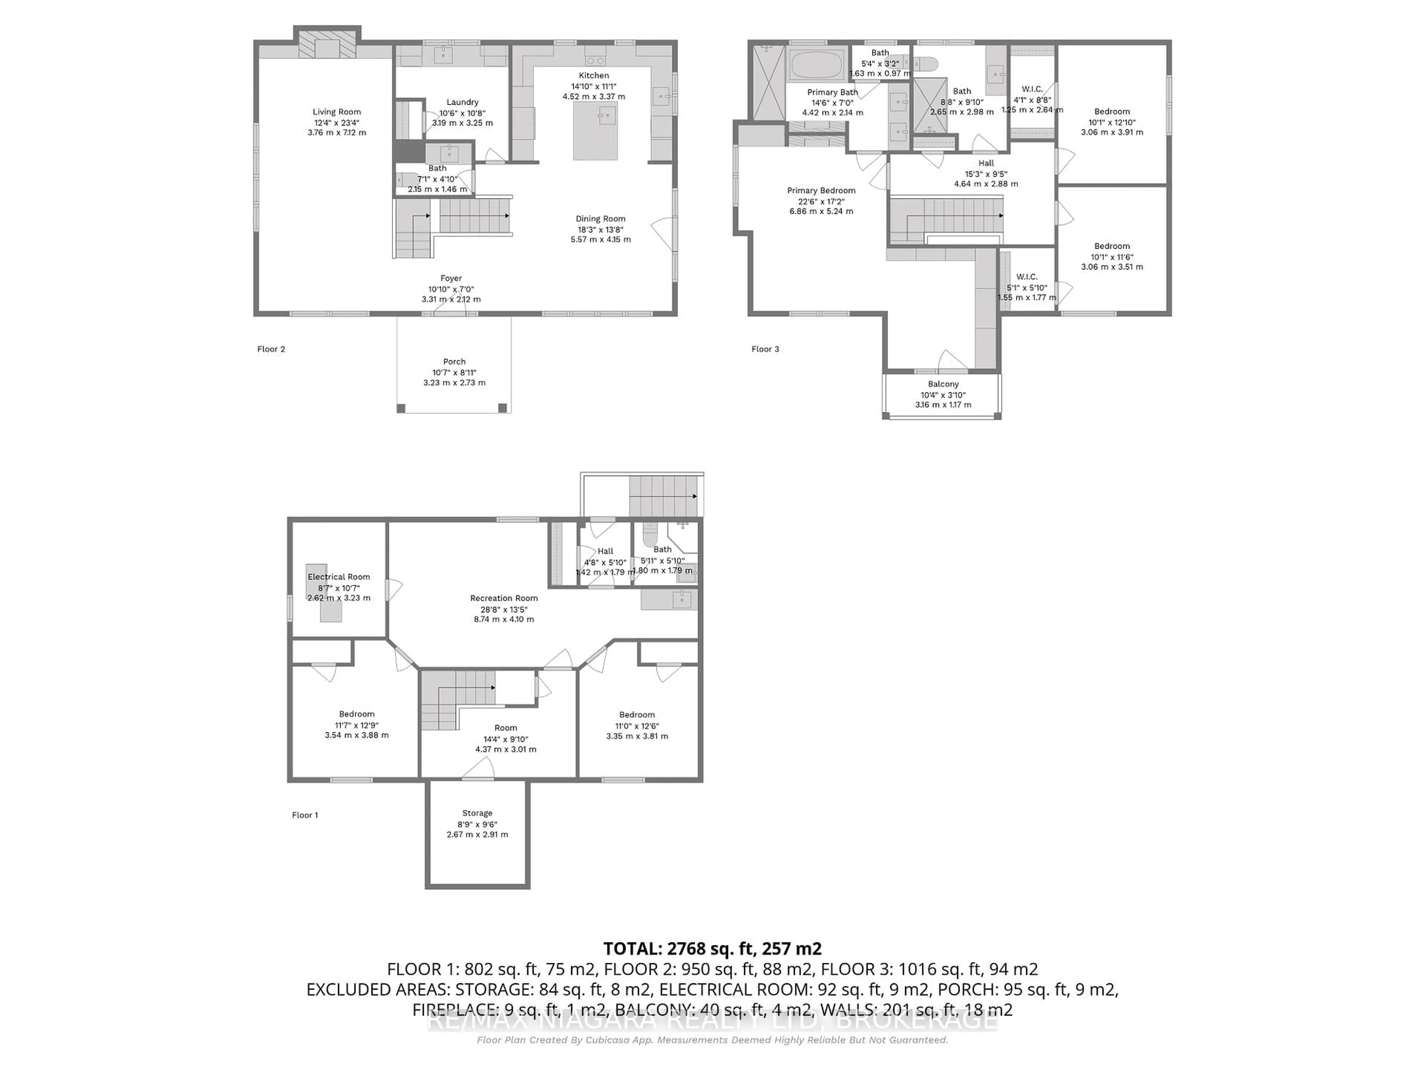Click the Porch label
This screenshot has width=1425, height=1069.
pos(454,362)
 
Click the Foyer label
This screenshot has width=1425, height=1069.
pos(451,278)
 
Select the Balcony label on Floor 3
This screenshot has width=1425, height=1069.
pos(943,384)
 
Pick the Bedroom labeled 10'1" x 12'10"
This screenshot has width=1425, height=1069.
pos(1112,121)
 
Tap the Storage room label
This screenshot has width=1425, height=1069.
pos(477,813)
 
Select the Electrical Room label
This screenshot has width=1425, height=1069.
pos(339,577)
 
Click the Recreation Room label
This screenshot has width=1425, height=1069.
pos(504,598)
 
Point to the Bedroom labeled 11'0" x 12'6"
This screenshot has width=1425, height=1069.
pos(637,725)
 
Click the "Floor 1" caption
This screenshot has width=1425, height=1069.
pos(305,815)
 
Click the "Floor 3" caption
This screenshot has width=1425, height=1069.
pos(765,349)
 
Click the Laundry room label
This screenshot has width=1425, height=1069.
pos(462,102)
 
